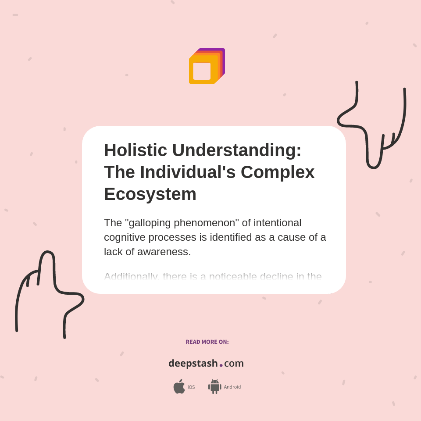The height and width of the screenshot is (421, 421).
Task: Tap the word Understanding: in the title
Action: point(237,150)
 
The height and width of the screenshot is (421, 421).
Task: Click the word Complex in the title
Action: point(278,172)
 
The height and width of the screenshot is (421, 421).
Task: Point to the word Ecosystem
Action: point(150,194)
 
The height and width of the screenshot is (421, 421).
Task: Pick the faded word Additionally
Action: point(131,277)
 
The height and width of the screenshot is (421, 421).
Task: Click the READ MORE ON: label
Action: point(207,342)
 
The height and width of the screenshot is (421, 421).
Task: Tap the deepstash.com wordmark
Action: point(206,363)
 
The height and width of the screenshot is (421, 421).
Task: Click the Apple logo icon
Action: point(179,386)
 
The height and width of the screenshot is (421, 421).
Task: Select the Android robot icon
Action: point(214,387)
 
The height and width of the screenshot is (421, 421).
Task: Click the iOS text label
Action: point(191,387)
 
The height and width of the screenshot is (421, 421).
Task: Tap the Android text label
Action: point(232,387)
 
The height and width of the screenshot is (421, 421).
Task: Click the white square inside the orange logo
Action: point(202,71)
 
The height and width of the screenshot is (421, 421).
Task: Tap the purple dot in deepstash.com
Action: point(221,365)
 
